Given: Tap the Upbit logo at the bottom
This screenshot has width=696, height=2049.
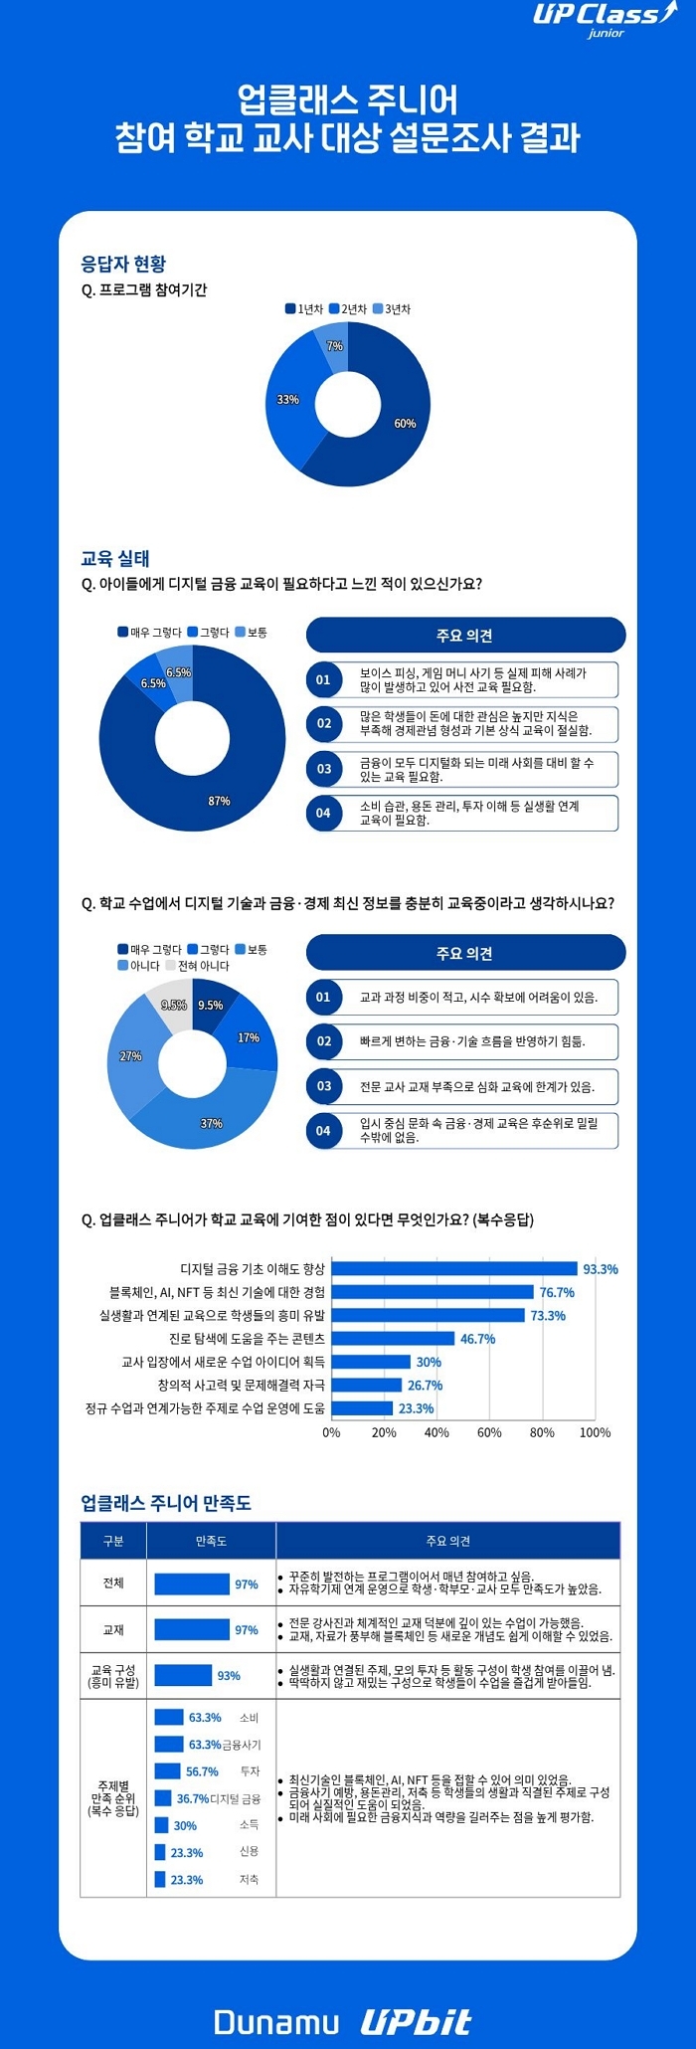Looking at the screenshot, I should [415, 2021].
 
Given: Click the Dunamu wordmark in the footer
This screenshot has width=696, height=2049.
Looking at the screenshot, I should [276, 2021].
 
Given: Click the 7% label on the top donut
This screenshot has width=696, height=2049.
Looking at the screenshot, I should [335, 346].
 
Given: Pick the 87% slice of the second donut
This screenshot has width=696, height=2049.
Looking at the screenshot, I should [219, 786].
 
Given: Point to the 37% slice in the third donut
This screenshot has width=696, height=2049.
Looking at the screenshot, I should [211, 1123].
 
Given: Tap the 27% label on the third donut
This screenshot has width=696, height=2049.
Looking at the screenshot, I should [130, 1056].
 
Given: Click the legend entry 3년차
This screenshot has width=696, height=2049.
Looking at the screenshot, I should [393, 309].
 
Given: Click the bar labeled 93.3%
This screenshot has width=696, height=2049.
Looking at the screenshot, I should [454, 1269].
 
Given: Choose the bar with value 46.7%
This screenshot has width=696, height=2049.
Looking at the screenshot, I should [393, 1339].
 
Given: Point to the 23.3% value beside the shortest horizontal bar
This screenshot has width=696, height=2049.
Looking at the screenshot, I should [416, 1408].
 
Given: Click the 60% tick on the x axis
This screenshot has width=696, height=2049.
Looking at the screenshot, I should [489, 1432].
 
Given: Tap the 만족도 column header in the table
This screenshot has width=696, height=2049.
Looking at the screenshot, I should [211, 1541].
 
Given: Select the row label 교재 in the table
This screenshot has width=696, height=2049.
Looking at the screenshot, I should [113, 1630].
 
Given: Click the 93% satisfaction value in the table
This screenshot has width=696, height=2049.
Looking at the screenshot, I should [229, 1676].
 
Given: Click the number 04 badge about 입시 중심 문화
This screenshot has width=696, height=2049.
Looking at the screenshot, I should [323, 1131].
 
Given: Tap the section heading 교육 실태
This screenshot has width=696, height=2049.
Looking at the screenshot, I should [115, 558].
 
